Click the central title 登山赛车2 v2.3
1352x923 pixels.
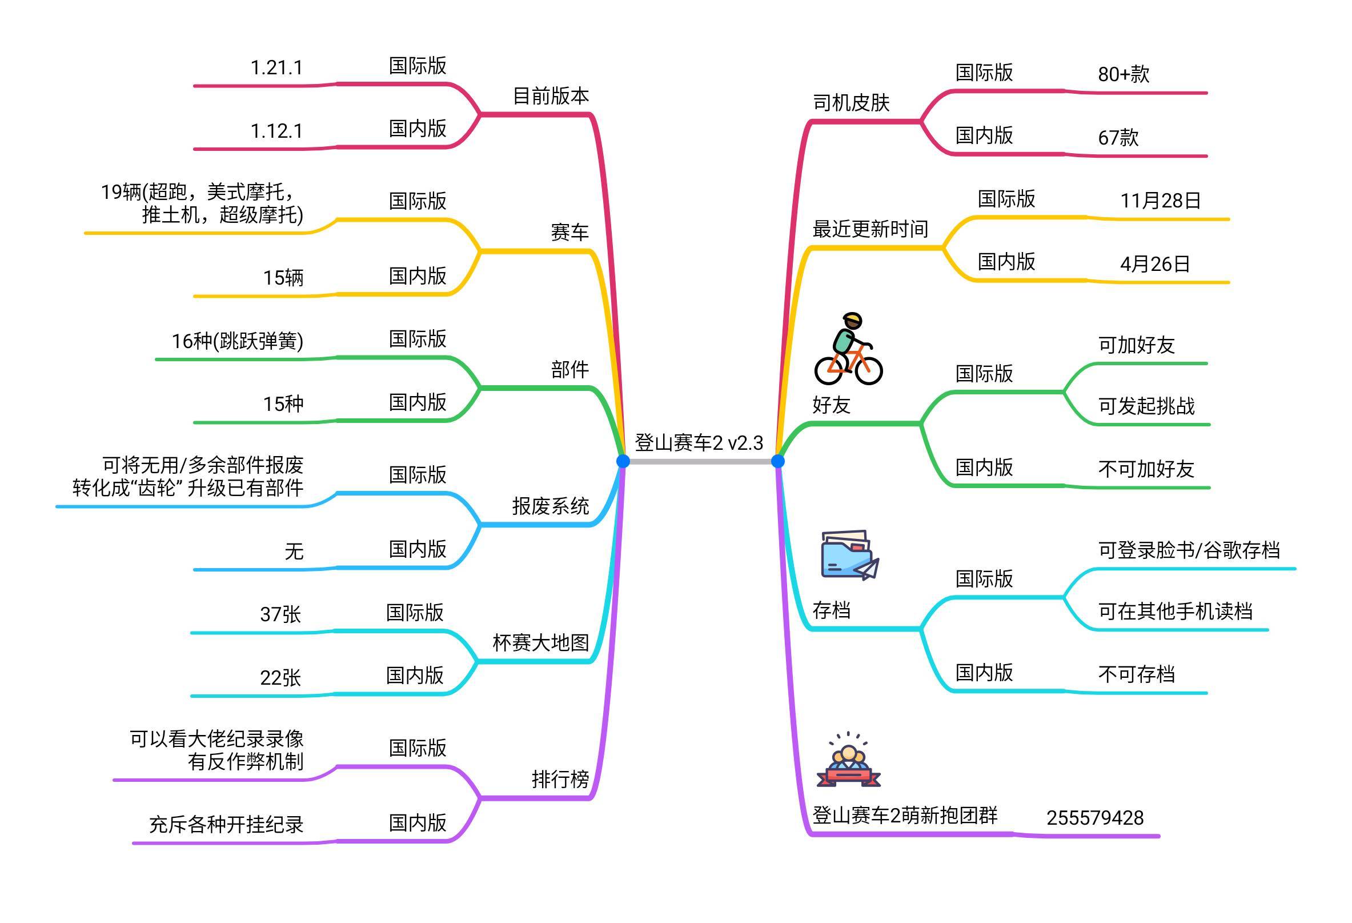point(699,443)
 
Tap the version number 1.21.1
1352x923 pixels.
point(276,67)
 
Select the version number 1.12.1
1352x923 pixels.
point(276,131)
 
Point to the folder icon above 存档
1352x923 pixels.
point(850,554)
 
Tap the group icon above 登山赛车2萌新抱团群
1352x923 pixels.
point(849,759)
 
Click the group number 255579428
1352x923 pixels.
point(1095,818)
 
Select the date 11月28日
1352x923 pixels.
point(1161,200)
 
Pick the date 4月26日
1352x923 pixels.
point(1155,263)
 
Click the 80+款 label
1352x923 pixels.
point(1124,74)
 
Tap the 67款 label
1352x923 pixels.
point(1118,137)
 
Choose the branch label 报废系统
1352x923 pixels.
point(551,506)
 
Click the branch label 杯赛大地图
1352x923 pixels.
point(540,642)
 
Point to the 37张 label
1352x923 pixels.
point(280,614)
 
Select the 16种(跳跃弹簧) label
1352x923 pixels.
point(238,341)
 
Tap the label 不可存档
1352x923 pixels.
point(1136,674)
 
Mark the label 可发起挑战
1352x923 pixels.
point(1146,406)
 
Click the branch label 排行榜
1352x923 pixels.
point(560,778)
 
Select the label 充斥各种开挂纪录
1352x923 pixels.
point(226,824)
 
